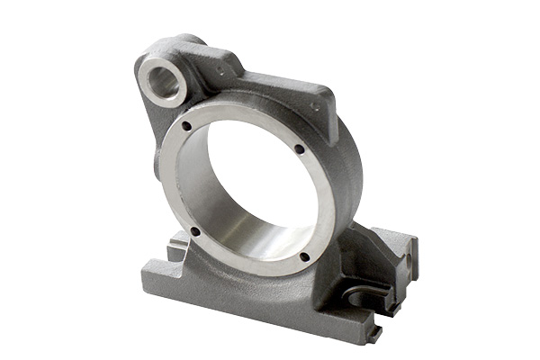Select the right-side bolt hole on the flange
click(x=299, y=149)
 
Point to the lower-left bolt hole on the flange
click(x=193, y=231)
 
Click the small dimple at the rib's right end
click(x=315, y=105)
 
